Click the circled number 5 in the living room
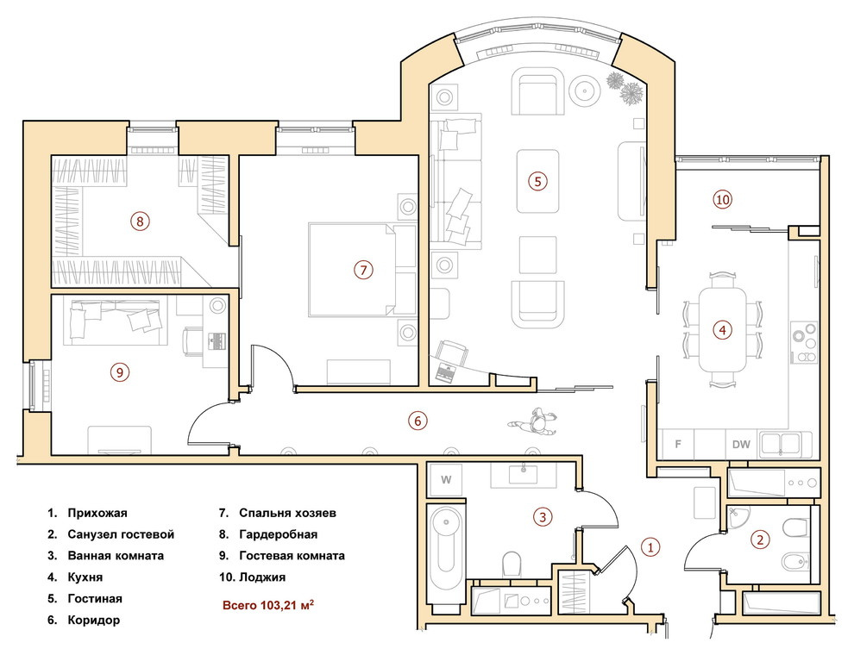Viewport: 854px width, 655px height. click(x=537, y=181)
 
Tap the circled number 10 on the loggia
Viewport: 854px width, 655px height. click(x=722, y=200)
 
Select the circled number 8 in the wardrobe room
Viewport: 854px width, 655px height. click(x=140, y=221)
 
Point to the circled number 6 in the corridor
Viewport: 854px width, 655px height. click(x=418, y=421)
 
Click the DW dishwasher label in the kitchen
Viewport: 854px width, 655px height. click(x=741, y=445)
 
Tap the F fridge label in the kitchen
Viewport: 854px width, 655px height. click(x=678, y=445)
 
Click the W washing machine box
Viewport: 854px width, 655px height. click(x=445, y=480)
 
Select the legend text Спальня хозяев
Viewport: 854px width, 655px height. click(x=287, y=513)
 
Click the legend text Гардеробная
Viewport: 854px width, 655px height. click(x=279, y=534)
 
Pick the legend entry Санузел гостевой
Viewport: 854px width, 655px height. click(x=121, y=534)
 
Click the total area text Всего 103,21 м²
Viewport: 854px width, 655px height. click(x=268, y=605)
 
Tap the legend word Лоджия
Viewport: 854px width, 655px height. click(x=262, y=577)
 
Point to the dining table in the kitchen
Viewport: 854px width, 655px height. click(x=723, y=330)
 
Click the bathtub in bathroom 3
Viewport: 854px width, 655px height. click(x=446, y=553)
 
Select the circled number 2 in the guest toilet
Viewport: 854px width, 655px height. click(x=760, y=540)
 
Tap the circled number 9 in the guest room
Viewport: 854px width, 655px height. click(x=120, y=372)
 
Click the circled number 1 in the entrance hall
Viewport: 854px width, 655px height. click(x=650, y=546)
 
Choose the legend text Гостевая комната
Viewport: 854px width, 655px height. click(x=292, y=556)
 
